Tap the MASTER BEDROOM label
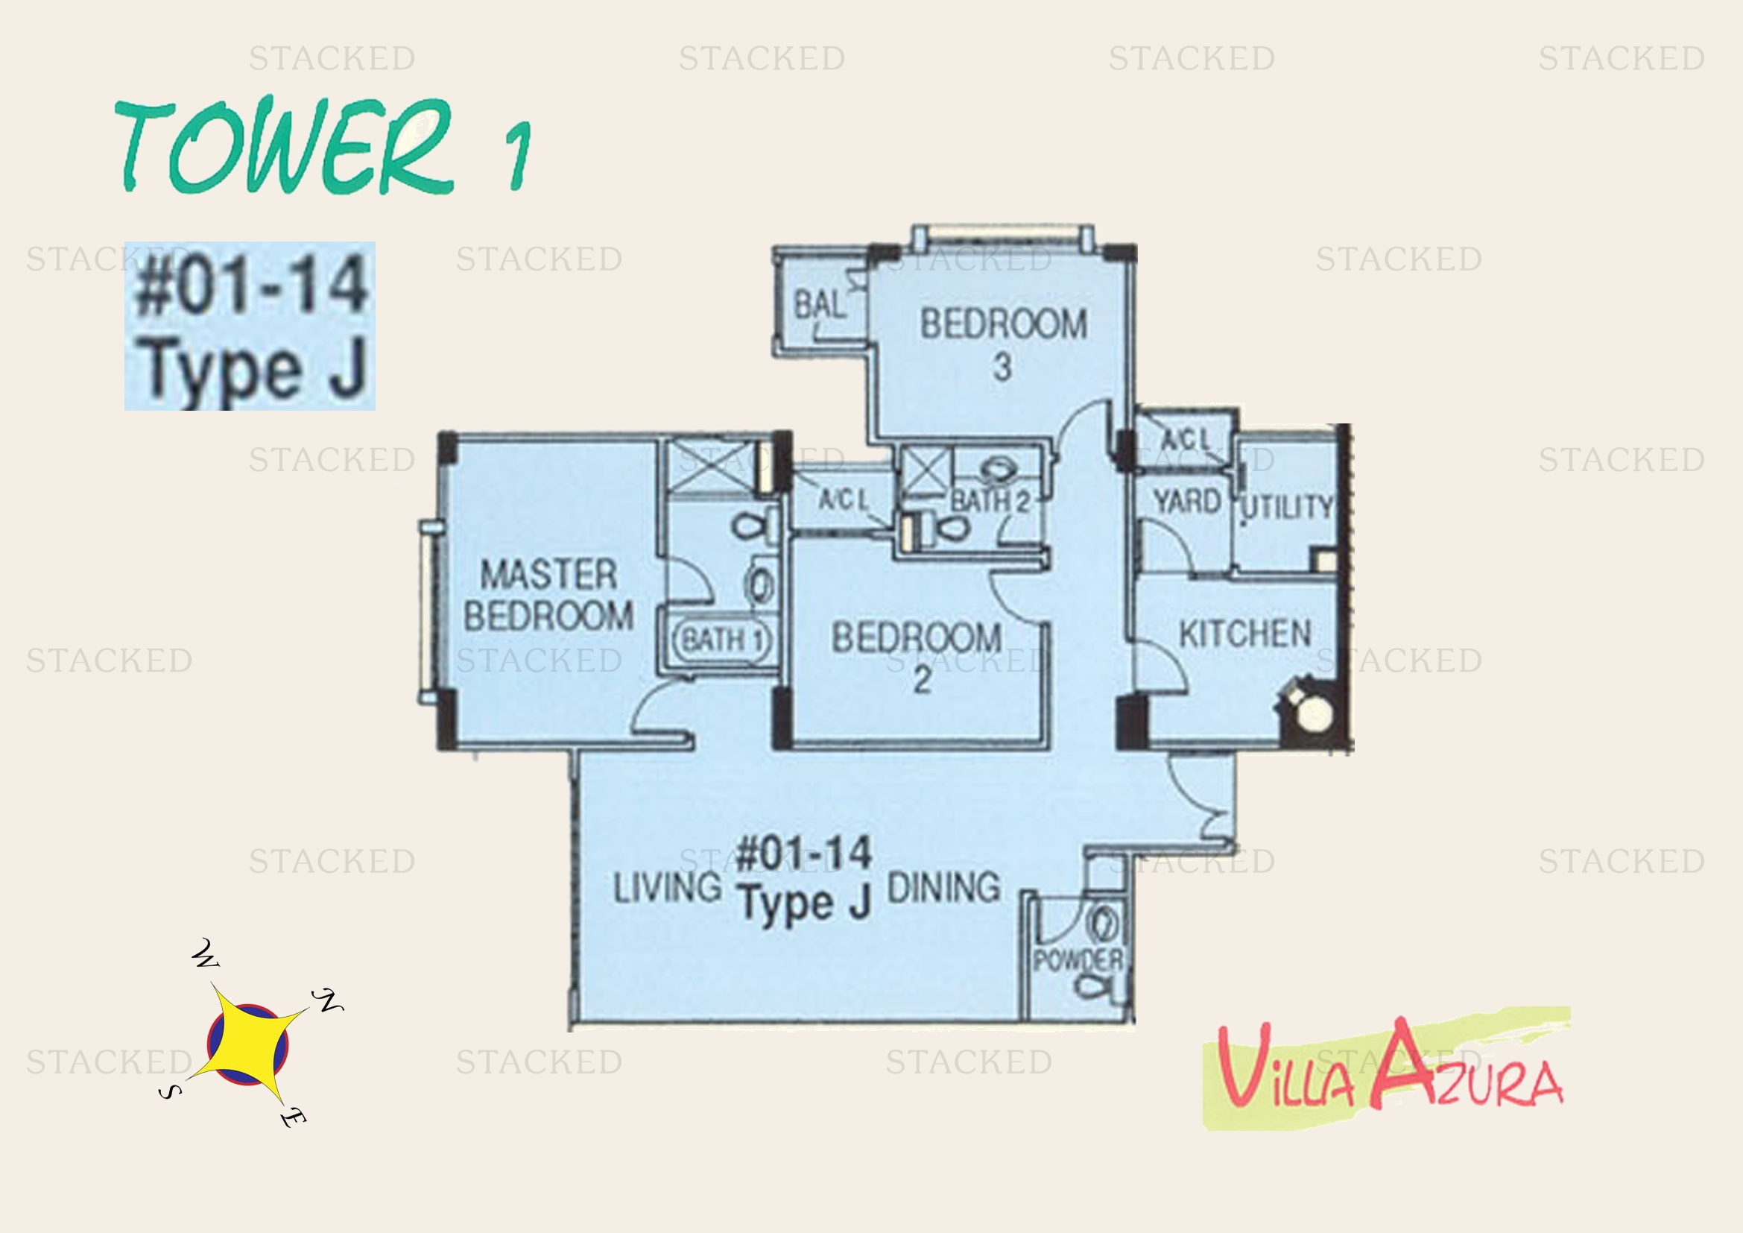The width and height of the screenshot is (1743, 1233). (548, 594)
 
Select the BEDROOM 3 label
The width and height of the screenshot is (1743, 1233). (1004, 343)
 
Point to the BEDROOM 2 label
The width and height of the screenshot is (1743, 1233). (917, 657)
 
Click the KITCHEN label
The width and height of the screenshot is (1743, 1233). (1245, 633)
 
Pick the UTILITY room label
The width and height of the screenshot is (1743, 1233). (1288, 507)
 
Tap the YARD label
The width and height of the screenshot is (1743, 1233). (1187, 501)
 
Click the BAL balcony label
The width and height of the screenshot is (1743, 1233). (819, 305)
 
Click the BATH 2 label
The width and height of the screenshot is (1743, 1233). (990, 501)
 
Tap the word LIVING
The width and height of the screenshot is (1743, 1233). (667, 887)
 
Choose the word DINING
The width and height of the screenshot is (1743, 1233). (943, 887)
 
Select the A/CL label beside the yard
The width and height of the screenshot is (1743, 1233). (1186, 440)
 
